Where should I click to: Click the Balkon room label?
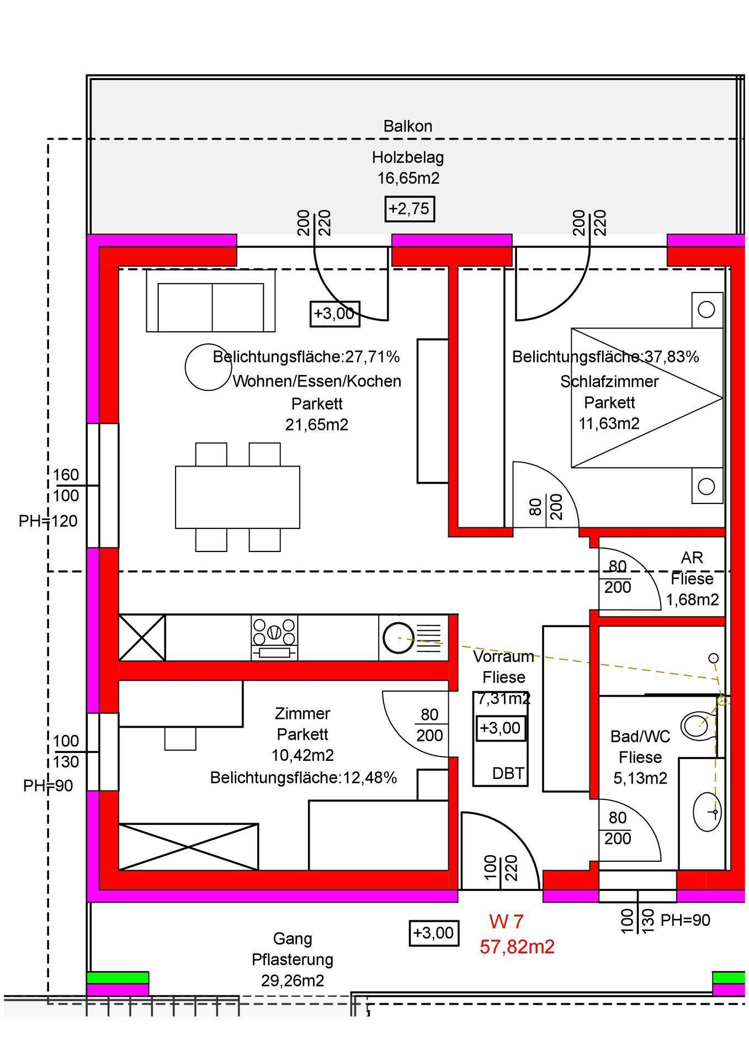[408, 126]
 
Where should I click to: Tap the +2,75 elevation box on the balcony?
[410, 209]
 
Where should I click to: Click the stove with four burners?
[274, 638]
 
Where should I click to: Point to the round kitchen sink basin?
[399, 638]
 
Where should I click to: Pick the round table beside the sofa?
[208, 367]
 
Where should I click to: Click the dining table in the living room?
[237, 497]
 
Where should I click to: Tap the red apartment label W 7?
[506, 921]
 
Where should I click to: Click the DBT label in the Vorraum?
[508, 773]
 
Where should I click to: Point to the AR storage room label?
[692, 558]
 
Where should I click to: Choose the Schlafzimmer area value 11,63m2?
[609, 423]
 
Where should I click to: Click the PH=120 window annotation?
[48, 521]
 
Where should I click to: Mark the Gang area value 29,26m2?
[293, 981]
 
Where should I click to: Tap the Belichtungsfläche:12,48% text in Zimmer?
[304, 777]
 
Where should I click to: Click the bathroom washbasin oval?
[706, 812]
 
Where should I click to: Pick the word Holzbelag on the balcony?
[408, 158]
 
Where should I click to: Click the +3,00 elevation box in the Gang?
[434, 932]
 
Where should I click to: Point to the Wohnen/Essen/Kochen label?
[317, 381]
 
